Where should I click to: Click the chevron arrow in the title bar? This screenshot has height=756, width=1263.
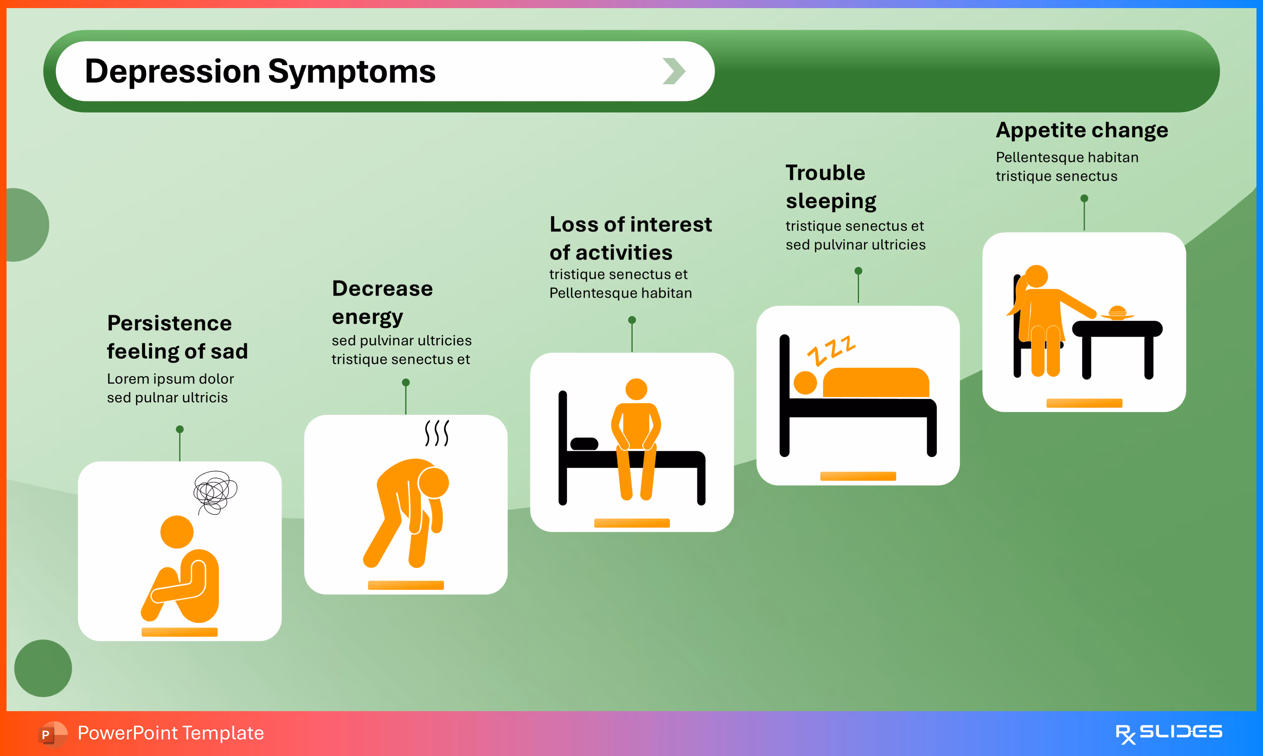[674, 71]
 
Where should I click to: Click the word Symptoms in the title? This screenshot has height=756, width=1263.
[352, 71]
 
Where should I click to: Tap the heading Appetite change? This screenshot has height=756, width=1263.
[1082, 130]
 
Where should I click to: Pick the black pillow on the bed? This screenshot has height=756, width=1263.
[584, 444]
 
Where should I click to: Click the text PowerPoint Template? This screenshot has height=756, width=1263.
[170, 733]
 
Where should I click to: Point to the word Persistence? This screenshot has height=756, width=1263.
[170, 323]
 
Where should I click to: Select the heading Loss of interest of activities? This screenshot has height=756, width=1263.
[630, 238]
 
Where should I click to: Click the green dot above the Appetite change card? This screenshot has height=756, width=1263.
[1084, 198]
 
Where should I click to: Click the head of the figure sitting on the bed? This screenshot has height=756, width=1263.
[636, 389]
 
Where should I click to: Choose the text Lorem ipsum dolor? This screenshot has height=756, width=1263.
[170, 379]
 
